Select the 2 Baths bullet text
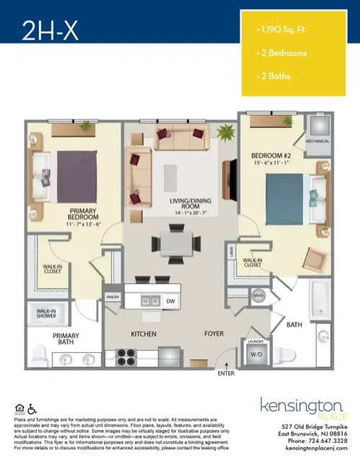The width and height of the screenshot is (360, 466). click(273, 76)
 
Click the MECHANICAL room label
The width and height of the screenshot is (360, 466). click(317, 141)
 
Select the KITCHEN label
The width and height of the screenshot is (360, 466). click(143, 334)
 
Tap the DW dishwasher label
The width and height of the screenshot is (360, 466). click(171, 300)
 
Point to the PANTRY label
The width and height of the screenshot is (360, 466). click(112, 296)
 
